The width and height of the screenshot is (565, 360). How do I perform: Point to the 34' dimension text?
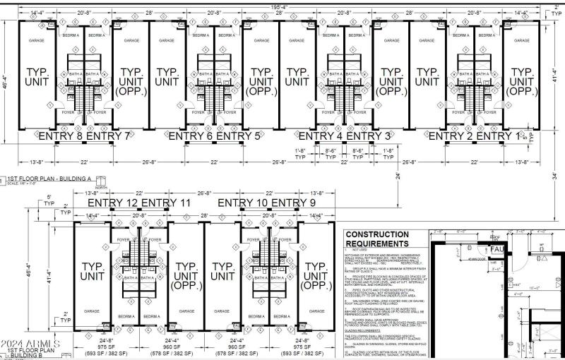click(x=556, y=176)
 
